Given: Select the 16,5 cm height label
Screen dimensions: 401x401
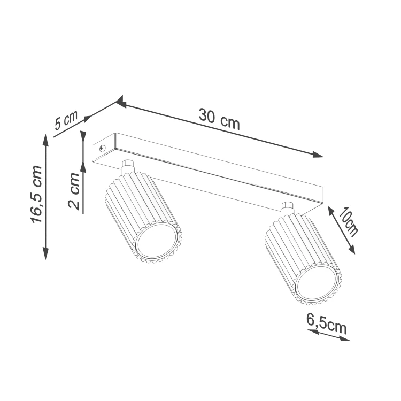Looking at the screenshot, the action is click(36, 195).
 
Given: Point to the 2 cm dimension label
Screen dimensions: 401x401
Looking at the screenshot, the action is click(74, 191).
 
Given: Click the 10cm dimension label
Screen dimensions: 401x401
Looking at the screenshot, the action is click(348, 221).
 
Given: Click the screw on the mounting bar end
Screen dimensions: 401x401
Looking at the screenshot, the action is click(102, 148).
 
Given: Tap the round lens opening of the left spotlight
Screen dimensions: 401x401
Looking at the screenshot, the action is click(157, 242).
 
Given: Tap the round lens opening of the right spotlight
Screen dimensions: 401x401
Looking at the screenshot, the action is click(317, 283).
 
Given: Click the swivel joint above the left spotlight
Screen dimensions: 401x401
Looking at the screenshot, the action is click(128, 167).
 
